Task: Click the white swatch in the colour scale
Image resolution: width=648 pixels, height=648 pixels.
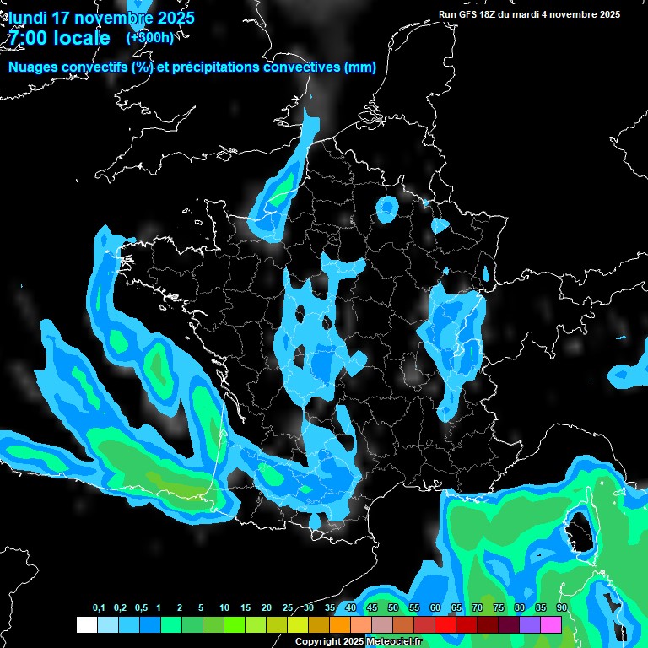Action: [86, 624]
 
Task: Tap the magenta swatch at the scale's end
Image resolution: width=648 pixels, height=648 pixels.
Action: [551, 624]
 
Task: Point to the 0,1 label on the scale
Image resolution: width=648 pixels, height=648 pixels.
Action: [99, 608]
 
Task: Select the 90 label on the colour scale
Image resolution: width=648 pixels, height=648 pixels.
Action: [561, 608]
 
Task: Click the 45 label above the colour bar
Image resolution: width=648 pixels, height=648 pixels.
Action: [372, 608]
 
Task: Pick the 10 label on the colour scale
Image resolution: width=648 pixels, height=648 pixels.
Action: [224, 608]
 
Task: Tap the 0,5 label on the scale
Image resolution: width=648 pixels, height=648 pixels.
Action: [141, 608]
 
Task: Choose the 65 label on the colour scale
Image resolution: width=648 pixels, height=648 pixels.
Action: [456, 608]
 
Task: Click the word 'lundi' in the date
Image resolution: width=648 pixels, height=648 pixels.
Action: [28, 18]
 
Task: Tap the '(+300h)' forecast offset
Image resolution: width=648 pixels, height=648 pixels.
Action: [150, 37]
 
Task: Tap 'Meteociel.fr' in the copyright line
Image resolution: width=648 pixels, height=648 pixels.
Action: [400, 642]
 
